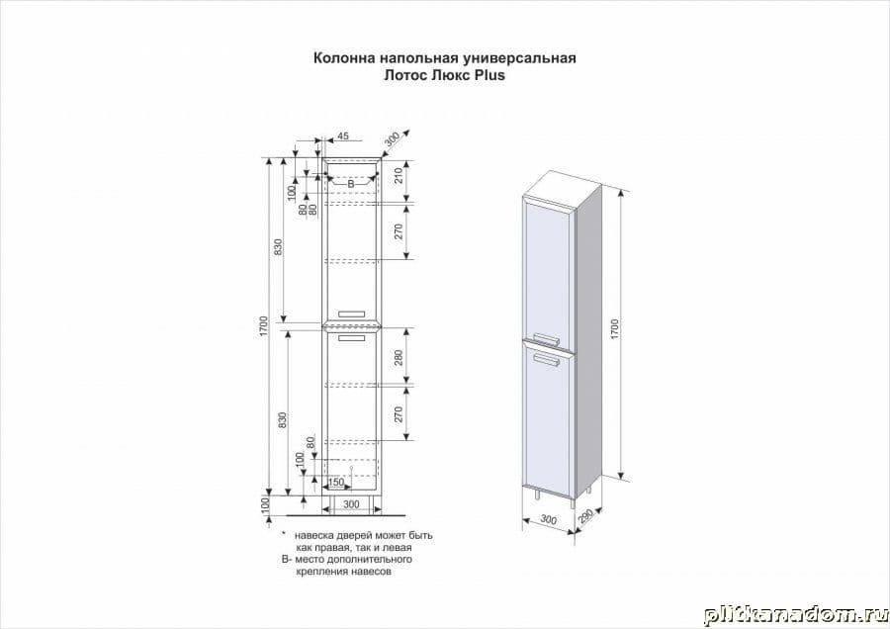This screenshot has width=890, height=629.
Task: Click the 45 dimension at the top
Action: tap(343, 136)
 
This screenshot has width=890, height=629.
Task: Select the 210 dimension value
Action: tap(399, 175)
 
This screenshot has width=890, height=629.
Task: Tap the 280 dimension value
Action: tap(399, 356)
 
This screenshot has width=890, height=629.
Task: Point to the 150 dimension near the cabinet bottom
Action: tap(336, 483)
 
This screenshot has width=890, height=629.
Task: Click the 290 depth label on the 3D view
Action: tap(585, 515)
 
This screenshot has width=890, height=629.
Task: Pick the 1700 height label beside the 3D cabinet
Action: tap(614, 329)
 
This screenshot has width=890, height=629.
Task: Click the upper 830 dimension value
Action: tap(278, 247)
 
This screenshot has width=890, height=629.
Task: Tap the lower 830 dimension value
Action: tap(283, 419)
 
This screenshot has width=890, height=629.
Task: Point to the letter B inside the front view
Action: tap(350, 184)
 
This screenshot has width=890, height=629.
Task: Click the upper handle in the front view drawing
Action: tap(353, 313)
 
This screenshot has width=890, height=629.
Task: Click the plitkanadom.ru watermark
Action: tap(796, 615)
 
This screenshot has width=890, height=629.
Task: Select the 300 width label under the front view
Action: tap(351, 504)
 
